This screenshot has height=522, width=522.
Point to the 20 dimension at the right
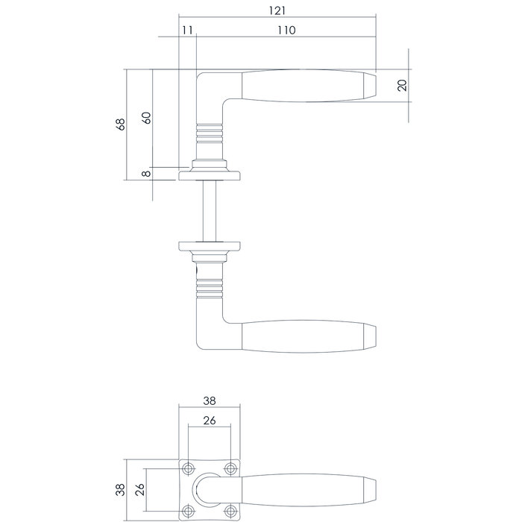[x=403, y=84]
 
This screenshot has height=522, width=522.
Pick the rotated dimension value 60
[x=146, y=118]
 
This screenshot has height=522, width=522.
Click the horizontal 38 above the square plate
[x=210, y=400]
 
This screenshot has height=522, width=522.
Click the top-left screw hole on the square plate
[x=189, y=469]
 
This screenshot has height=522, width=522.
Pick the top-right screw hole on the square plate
[x=231, y=469]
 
